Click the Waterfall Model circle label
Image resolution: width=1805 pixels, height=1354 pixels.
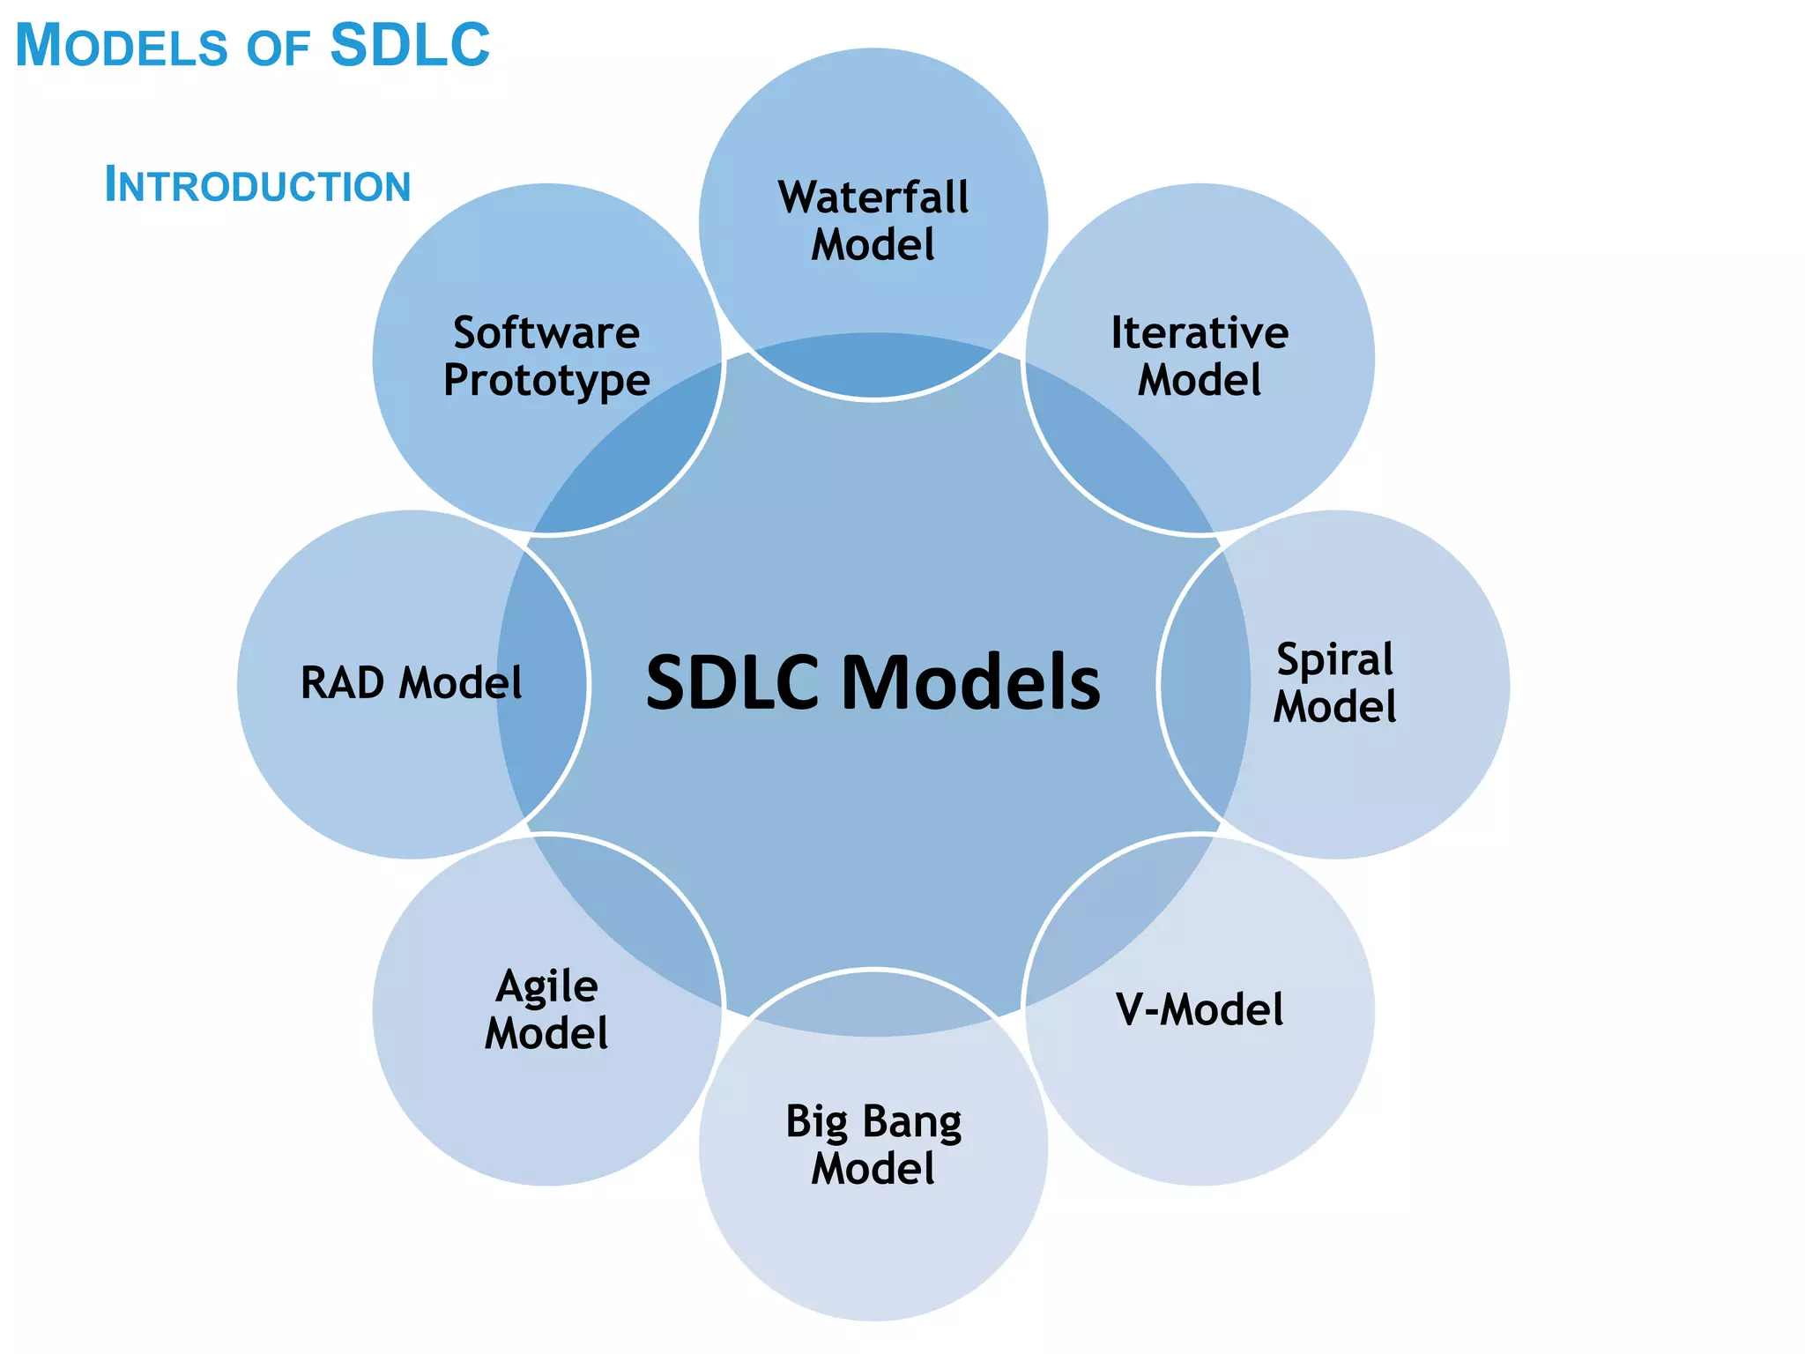tap(873, 220)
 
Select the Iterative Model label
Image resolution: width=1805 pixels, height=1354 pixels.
tap(1200, 356)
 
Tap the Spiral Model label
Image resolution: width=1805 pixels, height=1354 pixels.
tap(1335, 683)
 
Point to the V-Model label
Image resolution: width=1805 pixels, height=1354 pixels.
tap(1200, 1009)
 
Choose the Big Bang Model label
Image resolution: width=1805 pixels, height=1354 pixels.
tap(873, 1144)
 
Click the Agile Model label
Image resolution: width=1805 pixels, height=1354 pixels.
tap(546, 1009)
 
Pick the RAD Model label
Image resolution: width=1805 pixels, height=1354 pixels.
tap(412, 683)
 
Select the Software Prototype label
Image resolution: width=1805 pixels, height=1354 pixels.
tap(546, 356)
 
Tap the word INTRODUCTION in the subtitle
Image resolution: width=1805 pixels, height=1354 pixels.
tap(257, 185)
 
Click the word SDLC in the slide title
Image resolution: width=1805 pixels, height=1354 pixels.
tap(410, 45)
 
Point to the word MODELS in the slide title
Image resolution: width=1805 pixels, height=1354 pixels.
tap(122, 45)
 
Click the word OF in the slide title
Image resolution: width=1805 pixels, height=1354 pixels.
tap(278, 48)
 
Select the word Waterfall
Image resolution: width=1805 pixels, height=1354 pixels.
tap(873, 197)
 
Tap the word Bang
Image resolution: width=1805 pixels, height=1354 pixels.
tap(912, 1122)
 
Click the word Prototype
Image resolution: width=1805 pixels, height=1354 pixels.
tap(546, 381)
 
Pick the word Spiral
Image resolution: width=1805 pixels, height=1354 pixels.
tap(1335, 660)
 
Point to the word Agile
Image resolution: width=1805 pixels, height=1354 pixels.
tap(546, 986)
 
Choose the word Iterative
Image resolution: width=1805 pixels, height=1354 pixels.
tap(1200, 332)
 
